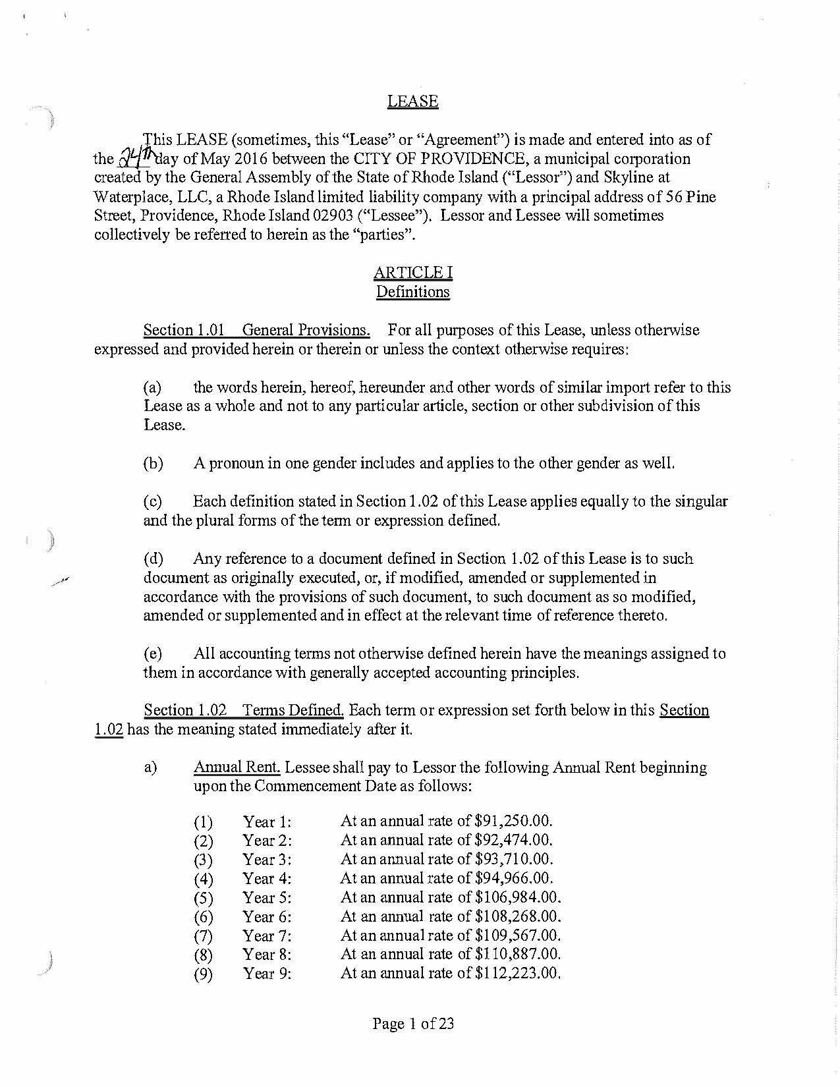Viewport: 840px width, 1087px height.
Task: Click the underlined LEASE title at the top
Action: pos(412,101)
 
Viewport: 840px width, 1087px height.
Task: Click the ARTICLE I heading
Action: pos(412,272)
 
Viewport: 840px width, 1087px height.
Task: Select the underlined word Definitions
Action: pos(412,291)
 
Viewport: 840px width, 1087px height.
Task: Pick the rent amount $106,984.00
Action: pos(517,897)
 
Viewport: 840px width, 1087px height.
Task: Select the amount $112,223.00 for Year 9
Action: pos(517,973)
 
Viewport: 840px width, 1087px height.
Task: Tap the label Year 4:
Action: pos(267,878)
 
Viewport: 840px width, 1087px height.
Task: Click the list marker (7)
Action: pos(204,936)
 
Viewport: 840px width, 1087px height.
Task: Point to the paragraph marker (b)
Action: pos(153,463)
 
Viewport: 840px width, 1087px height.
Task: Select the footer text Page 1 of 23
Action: pos(413,1023)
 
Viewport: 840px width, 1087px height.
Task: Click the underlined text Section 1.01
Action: pos(184,329)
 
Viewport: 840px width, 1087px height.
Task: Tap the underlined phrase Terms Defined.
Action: pos(293,710)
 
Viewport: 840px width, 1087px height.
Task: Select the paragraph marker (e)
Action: pos(153,654)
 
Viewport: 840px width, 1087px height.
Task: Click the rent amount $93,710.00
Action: pos(513,859)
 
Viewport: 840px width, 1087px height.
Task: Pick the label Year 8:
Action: pos(267,954)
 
